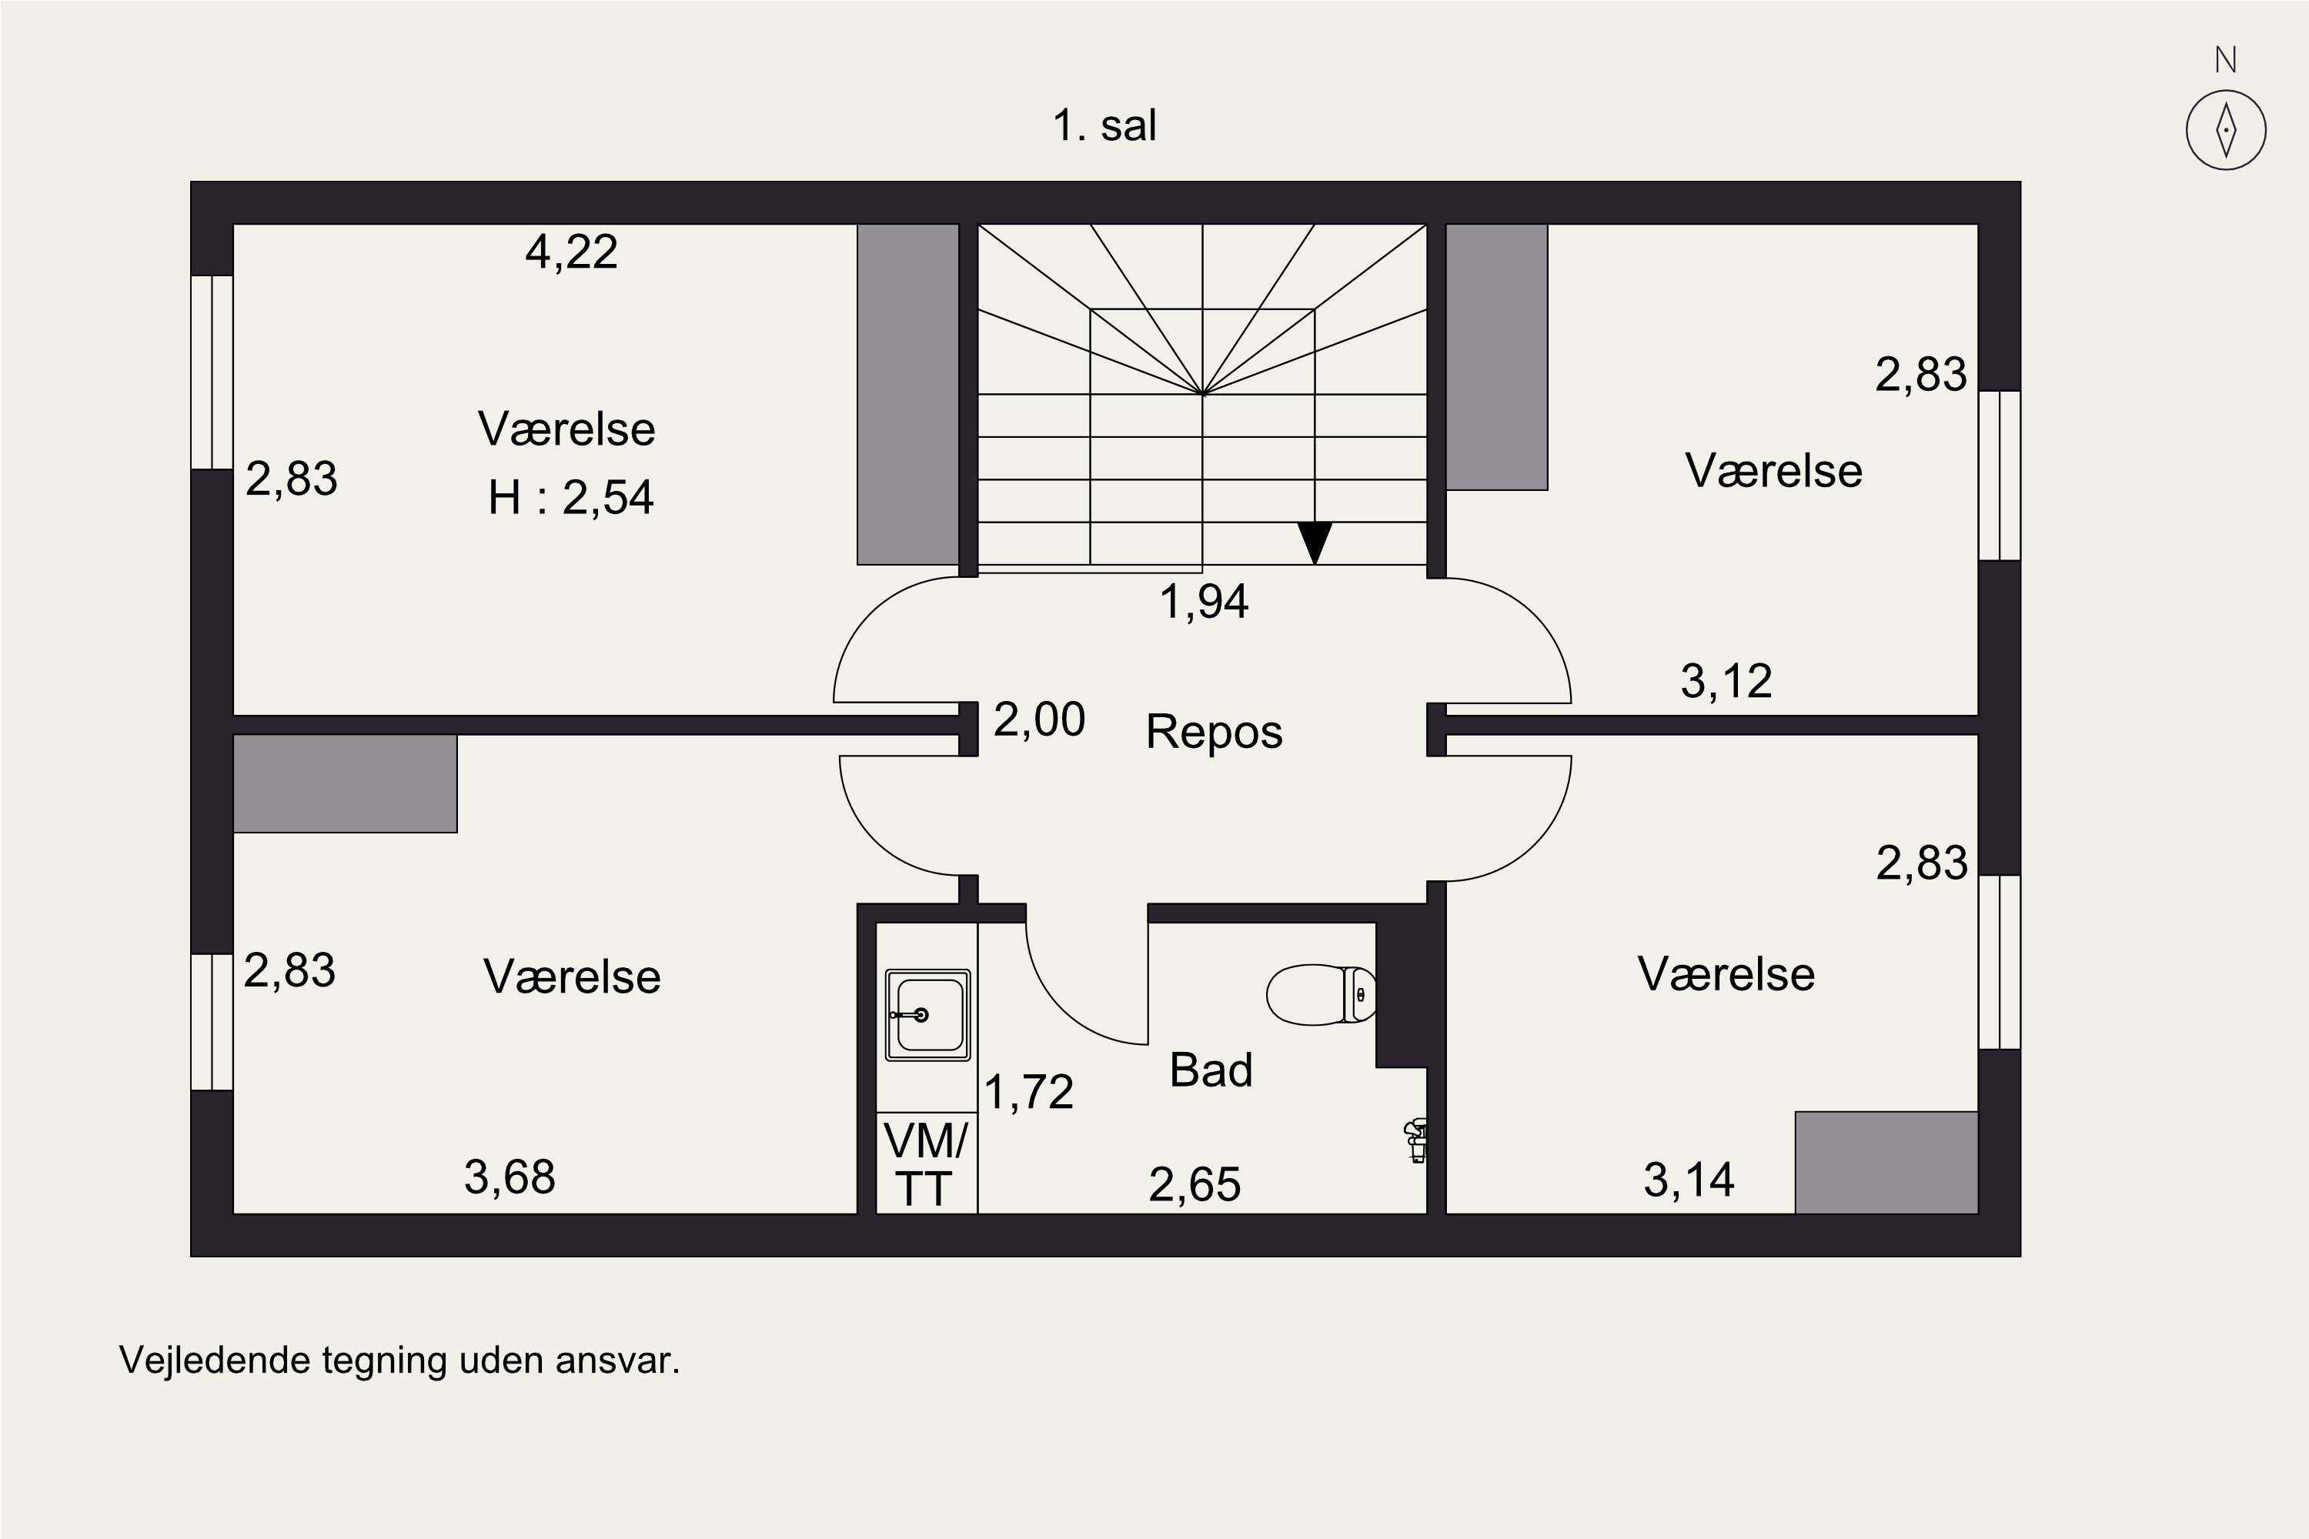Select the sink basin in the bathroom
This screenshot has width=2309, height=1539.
[927, 1015]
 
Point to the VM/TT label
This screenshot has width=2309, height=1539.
[925, 1165]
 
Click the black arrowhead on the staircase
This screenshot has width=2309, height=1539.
[1315, 542]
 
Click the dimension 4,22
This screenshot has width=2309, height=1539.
[571, 252]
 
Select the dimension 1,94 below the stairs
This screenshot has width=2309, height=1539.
[1204, 602]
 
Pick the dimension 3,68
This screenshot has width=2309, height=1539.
[510, 1177]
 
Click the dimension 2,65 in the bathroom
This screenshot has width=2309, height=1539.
[1195, 1185]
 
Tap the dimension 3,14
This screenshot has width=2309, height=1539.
[1689, 1180]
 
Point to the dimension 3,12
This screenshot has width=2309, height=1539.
[1726, 681]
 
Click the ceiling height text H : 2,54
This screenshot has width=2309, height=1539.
[570, 498]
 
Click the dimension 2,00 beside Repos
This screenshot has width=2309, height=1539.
[1038, 719]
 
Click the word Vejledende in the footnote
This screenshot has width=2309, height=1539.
[214, 1360]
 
